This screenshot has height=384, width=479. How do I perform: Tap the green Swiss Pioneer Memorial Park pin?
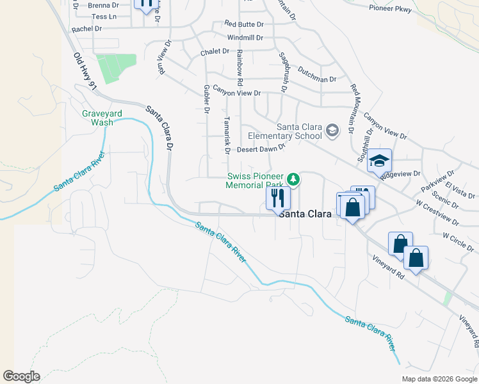click(x=293, y=179)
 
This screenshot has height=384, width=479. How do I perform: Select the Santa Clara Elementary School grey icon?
click(x=332, y=131)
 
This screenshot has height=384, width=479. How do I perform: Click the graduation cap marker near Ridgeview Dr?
click(x=379, y=161)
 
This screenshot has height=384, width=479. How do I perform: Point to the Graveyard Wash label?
click(x=97, y=118)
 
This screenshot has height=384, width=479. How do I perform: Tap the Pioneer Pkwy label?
click(x=390, y=8)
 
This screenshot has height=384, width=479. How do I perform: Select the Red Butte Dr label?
click(x=244, y=24)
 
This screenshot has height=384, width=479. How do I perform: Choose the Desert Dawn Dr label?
click(x=261, y=149)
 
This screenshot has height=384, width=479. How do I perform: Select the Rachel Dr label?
click(x=87, y=29)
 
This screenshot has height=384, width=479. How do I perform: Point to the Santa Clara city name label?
click(x=305, y=214)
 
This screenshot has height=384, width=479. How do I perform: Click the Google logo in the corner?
click(x=21, y=376)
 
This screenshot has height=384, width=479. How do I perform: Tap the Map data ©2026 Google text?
click(x=439, y=379)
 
